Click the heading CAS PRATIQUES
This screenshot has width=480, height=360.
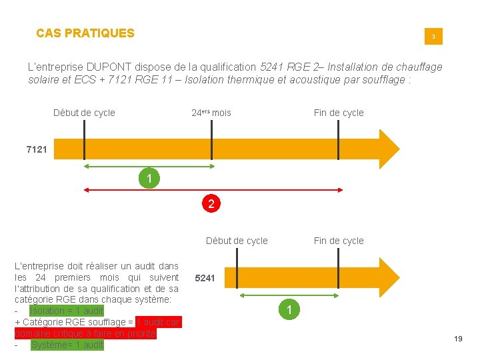coord(85,33)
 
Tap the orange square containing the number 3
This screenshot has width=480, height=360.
coord(433,36)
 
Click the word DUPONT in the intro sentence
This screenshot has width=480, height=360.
coord(107,67)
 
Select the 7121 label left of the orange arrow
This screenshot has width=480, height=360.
coord(36,149)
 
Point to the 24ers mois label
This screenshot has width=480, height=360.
coord(211,113)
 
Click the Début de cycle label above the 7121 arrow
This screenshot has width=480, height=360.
coord(84,113)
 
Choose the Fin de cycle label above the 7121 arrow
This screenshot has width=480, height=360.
coord(339,113)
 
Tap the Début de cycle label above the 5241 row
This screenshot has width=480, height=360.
coord(237,241)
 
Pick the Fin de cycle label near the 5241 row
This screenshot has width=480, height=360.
coord(339,241)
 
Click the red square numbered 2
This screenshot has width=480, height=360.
coord(211,204)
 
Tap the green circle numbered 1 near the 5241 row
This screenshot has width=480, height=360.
coord(289,309)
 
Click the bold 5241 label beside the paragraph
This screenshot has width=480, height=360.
coord(205,278)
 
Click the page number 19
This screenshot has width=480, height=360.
coord(458,339)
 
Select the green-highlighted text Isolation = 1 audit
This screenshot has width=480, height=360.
coord(67,311)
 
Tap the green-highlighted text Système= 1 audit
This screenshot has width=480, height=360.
coord(67,345)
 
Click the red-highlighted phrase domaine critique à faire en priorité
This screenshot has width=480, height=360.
coord(85,333)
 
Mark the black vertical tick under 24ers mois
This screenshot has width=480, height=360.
coord(211,141)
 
